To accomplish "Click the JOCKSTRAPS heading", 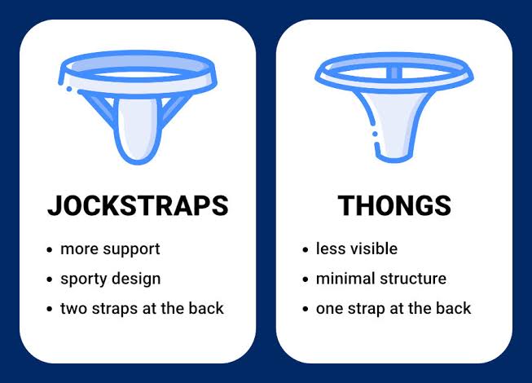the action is [x=138, y=205].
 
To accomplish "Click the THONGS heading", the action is [x=394, y=205].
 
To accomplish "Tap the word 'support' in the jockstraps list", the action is [x=132, y=250].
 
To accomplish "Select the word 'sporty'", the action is [x=83, y=280].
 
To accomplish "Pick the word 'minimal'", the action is [x=345, y=279].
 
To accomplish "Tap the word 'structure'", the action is [x=413, y=279].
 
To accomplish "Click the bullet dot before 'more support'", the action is [x=50, y=250].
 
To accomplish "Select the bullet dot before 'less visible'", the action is [x=306, y=250].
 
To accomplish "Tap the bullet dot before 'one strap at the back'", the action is [x=306, y=310].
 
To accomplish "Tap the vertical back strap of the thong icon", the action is [x=394, y=73].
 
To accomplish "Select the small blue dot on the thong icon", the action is [x=375, y=134].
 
